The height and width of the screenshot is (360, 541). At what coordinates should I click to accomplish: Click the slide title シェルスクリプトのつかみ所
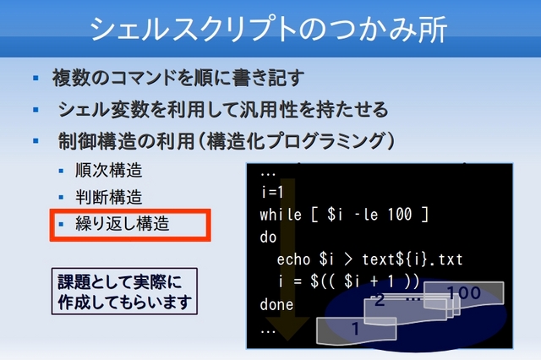point(269,29)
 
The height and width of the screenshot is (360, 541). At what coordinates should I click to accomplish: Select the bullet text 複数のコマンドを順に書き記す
point(178,78)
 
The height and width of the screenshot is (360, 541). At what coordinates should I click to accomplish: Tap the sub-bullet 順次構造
point(109,171)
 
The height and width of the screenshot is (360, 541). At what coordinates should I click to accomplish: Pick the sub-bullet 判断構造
point(109,197)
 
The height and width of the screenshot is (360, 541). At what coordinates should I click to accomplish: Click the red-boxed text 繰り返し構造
point(123,223)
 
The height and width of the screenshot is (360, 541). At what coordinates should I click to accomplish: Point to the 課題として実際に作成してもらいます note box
point(124,292)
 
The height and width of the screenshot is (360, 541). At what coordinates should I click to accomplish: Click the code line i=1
point(272,192)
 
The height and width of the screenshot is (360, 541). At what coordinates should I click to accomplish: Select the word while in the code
point(281,215)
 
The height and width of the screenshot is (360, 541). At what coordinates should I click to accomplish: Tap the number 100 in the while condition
point(400,215)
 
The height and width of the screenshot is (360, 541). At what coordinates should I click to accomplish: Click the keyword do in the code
point(269,237)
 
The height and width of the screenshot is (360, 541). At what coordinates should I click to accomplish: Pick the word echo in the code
point(293,259)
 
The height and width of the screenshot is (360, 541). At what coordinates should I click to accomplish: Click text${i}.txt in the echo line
point(412,259)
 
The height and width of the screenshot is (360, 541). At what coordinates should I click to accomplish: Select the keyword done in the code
point(276,304)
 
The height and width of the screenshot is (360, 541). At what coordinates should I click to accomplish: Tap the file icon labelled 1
point(356,330)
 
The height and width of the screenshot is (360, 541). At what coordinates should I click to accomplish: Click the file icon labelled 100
point(463,293)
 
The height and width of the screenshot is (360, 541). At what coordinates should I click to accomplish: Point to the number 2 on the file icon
point(380,300)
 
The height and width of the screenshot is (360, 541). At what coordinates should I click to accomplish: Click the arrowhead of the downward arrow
point(288,328)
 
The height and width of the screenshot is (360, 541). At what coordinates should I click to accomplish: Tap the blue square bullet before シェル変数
point(36,110)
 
